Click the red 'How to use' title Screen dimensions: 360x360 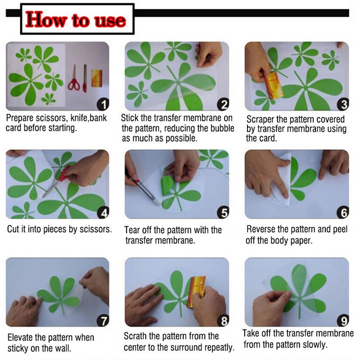[76, 19]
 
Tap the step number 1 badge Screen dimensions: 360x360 [103, 104]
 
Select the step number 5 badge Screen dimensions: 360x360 [223, 212]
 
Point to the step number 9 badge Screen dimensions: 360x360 [343, 320]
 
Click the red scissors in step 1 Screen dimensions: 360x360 [74, 78]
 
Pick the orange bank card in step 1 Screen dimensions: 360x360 [97, 78]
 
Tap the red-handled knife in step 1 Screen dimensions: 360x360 [85, 78]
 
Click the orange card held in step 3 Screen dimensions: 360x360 [273, 85]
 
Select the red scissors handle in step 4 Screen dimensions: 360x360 [64, 173]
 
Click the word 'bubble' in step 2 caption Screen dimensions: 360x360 [222, 128]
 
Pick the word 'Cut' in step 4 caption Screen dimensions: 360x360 [13, 229]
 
